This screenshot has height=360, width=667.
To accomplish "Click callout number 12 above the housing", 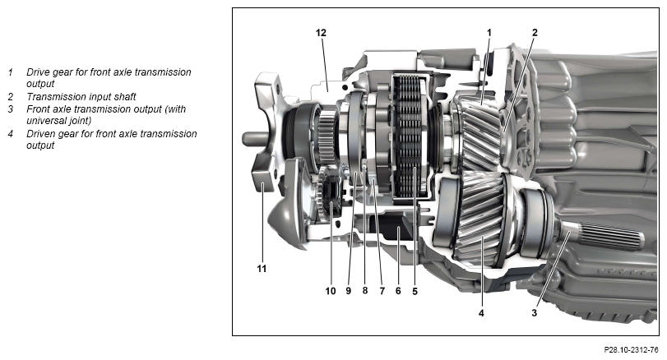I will [x=321, y=32].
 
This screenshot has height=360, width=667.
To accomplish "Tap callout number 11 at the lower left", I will [x=262, y=268].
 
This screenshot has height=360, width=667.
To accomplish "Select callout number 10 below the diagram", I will [x=330, y=290].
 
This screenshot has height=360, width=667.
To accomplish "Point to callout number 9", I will [x=348, y=290].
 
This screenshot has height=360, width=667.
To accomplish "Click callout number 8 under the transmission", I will [x=364, y=290].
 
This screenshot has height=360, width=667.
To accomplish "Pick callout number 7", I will [x=381, y=290].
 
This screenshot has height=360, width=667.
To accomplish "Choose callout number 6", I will [x=398, y=290].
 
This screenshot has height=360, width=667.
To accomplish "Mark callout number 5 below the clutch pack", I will [x=415, y=290].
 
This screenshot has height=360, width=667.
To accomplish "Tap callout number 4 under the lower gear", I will [x=481, y=312].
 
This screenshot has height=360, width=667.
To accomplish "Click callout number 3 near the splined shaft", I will [x=534, y=312].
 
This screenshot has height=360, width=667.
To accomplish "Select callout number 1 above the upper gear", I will [x=489, y=32].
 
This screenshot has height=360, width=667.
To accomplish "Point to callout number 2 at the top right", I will [x=534, y=32].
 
